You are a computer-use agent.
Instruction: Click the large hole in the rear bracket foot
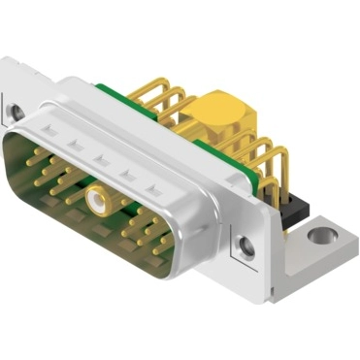pos(320,234)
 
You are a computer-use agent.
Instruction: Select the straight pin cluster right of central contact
pos(146,228)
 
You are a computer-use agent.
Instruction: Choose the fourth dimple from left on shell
pos(125,171)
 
